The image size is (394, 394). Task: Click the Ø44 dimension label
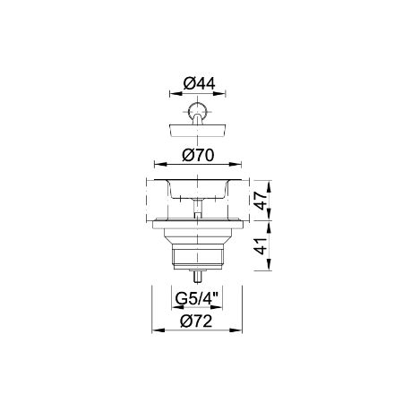click(199, 83)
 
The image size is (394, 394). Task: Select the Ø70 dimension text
click(198, 155)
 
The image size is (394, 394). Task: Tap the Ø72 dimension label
click(197, 321)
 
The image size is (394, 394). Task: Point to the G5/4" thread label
click(197, 298)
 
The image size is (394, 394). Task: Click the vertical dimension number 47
click(261, 201)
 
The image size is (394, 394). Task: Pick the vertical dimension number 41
click(261, 246)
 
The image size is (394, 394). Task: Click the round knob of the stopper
click(197, 110)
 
